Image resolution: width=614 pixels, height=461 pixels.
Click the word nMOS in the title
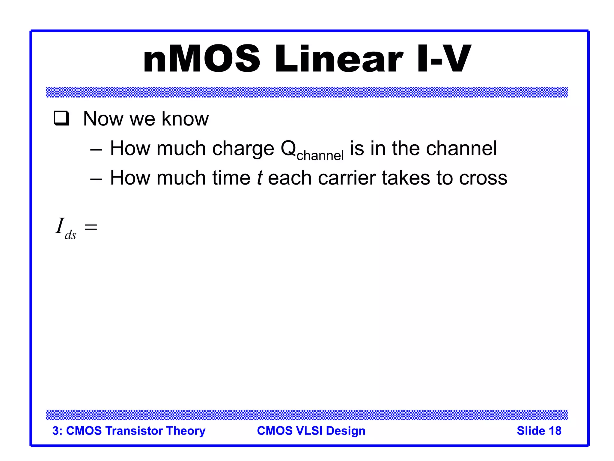coord(201,59)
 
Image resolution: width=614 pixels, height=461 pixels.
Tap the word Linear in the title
coord(339,59)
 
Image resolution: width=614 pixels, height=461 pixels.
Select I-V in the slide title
coord(444,59)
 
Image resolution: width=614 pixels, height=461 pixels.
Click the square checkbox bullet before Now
coord(61,118)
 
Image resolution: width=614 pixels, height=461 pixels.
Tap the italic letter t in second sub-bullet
coord(260,178)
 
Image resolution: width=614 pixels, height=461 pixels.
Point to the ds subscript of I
coord(70,235)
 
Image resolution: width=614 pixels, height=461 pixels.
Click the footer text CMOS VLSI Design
coord(311,431)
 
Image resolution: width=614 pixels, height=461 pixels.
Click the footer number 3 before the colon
coord(55,431)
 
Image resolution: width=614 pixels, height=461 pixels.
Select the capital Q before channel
coord(288,148)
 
